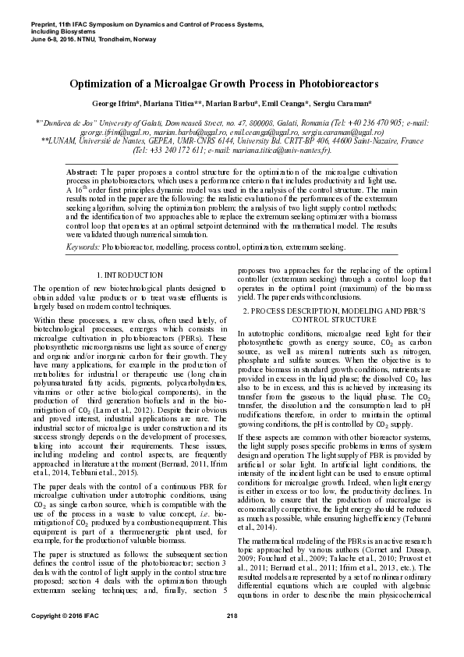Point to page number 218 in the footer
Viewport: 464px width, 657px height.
click(232, 639)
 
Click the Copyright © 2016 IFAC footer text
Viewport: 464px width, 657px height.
click(58, 639)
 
